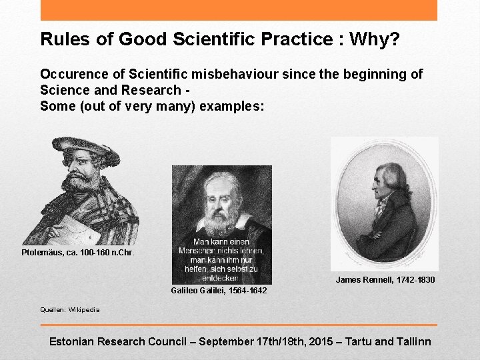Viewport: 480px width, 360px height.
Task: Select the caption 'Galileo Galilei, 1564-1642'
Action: (219, 291)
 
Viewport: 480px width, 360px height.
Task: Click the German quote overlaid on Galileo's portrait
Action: (227, 259)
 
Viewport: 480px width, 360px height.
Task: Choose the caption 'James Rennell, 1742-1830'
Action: (385, 280)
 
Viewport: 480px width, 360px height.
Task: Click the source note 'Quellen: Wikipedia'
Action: (70, 309)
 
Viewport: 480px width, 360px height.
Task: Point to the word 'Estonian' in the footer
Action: (72, 341)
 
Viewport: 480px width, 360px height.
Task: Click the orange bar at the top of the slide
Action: (239, 10)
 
